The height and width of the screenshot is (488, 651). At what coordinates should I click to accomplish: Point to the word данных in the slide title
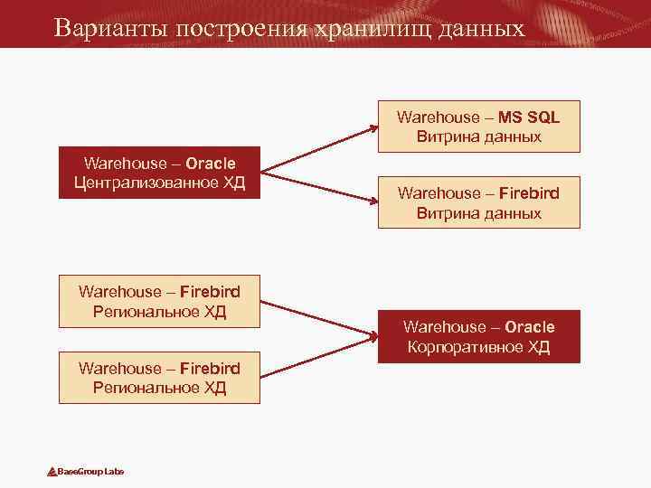tap(481, 27)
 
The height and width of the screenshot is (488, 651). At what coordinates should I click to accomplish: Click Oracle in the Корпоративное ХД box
tap(530, 326)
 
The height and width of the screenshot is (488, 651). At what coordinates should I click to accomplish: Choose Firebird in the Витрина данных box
tap(529, 193)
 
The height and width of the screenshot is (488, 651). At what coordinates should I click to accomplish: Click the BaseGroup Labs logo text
tap(90, 472)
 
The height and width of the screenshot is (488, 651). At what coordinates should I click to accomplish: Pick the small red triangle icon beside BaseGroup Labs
tap(52, 472)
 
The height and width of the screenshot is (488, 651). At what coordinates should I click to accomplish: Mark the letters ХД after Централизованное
tap(231, 183)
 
